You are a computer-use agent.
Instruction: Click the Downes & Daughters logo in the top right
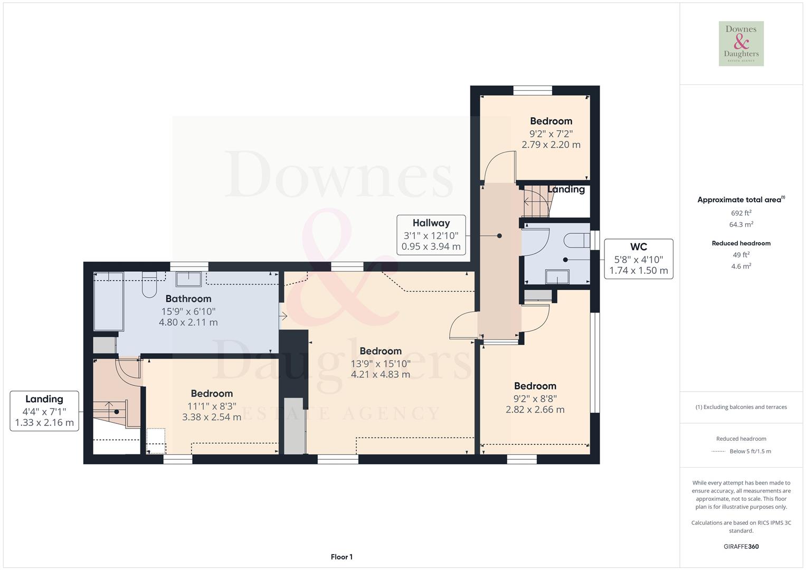point(741,43)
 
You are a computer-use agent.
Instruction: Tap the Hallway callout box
point(431,235)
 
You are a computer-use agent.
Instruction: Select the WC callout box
point(638,259)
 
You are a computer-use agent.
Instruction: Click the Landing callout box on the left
point(44,411)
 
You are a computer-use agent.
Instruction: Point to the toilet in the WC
point(577,241)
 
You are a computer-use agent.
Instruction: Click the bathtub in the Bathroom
point(108,301)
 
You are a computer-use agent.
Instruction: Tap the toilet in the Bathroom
point(150,286)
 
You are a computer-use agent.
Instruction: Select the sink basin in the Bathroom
point(188,278)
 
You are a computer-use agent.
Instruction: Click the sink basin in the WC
point(557,277)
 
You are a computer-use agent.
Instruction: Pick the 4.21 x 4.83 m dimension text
point(380,375)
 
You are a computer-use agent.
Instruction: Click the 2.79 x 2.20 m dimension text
point(551,145)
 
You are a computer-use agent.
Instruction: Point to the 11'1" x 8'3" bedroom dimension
point(212,406)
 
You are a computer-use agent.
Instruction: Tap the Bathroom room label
point(188,299)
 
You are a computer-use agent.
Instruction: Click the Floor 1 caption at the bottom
point(342,557)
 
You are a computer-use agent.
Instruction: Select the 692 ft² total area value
point(741,213)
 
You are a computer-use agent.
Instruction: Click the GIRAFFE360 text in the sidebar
point(741,546)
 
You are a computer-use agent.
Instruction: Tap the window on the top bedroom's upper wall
point(533,90)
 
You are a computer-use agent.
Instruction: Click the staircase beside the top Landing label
point(536,201)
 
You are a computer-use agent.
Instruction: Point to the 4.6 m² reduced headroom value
point(741,267)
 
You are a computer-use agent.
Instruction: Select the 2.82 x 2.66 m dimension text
point(535,410)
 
